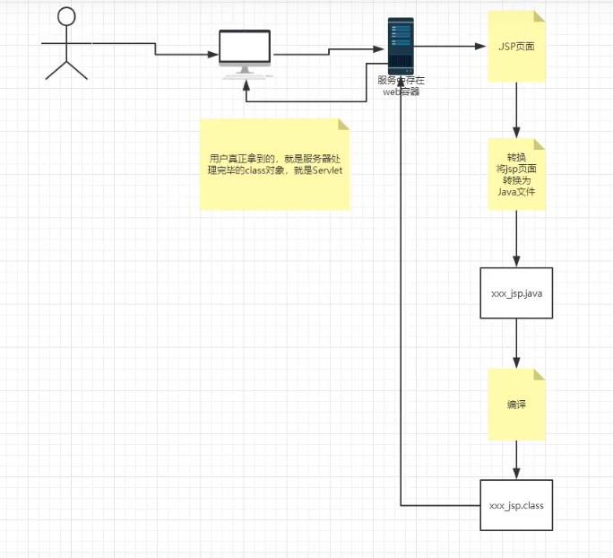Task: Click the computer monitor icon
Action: pos(245,50)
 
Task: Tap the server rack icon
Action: pos(401,46)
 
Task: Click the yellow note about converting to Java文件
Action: pos(516,174)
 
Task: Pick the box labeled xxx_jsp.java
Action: pos(516,292)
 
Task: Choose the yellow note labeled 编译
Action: pos(516,404)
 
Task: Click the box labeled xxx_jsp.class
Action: pos(516,505)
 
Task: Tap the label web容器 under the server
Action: pos(401,91)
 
